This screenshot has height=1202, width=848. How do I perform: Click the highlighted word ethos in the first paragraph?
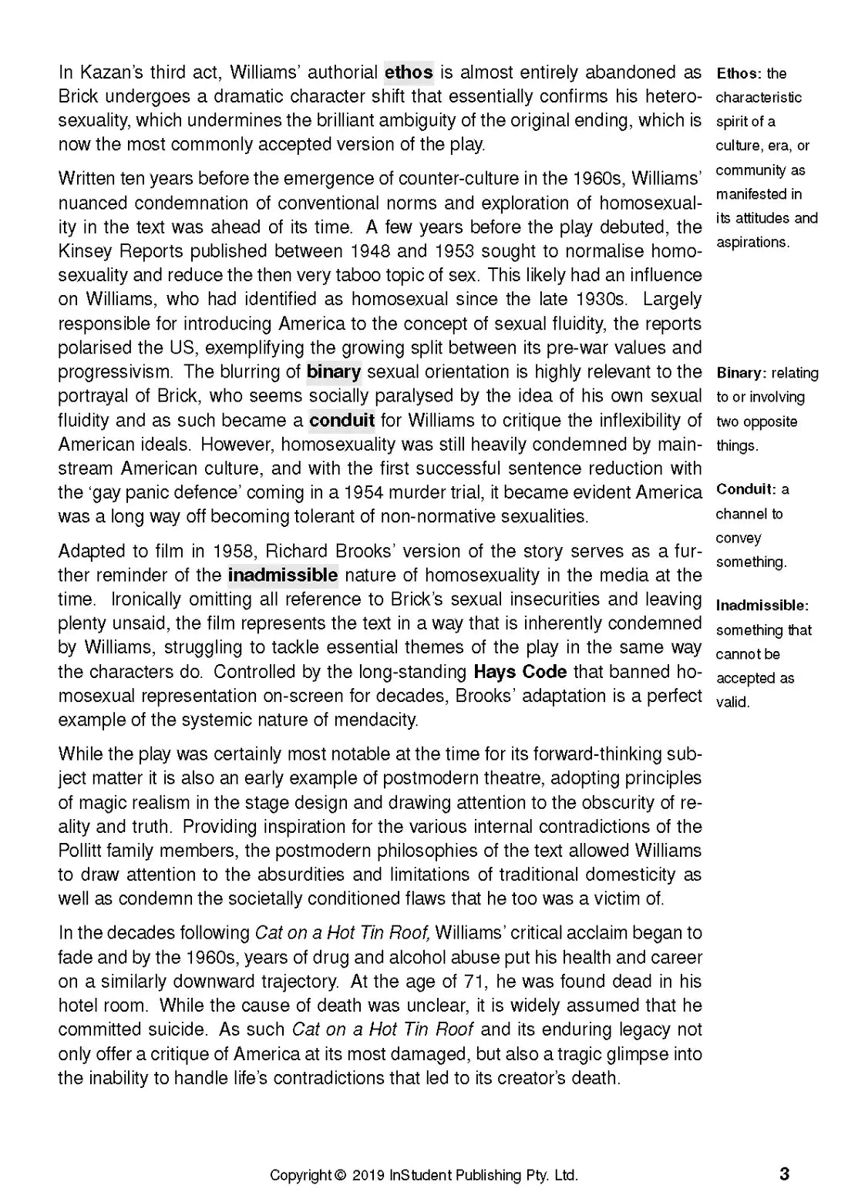click(409, 72)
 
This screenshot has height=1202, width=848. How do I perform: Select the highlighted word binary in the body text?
click(334, 372)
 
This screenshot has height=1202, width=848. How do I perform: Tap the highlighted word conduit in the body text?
click(342, 421)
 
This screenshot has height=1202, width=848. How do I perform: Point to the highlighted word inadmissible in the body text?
click(283, 575)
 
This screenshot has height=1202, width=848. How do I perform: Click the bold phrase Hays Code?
click(520, 672)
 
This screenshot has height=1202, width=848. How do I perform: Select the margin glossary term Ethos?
click(739, 74)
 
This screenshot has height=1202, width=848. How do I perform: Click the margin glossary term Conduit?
click(745, 489)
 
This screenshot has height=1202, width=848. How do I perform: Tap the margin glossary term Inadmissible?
click(762, 606)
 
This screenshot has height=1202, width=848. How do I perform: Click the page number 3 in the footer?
click(785, 1174)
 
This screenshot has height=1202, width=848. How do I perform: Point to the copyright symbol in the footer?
click(340, 1176)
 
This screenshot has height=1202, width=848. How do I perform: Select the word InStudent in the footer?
click(421, 1176)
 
